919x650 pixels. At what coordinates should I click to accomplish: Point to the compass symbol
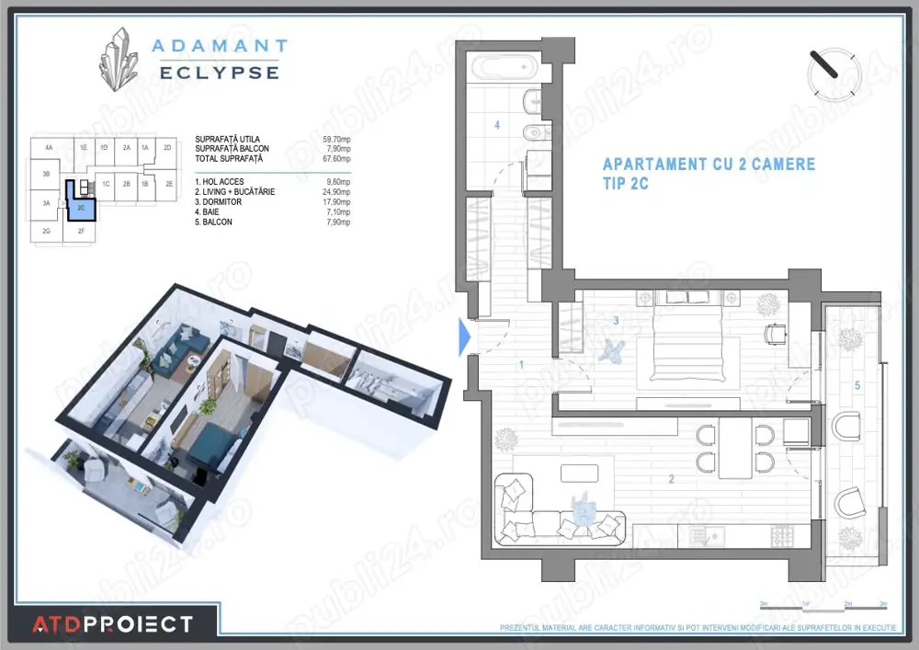pyautogui.click(x=833, y=73)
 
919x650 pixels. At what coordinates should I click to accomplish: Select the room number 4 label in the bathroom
pyautogui.click(x=497, y=124)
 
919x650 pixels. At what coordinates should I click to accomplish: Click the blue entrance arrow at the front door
pyautogui.click(x=464, y=336)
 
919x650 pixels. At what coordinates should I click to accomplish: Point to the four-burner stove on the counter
pyautogui.click(x=782, y=535)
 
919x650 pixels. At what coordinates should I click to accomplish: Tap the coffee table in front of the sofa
pyautogui.click(x=579, y=472)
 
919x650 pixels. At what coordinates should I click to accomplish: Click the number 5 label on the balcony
pyautogui.click(x=857, y=385)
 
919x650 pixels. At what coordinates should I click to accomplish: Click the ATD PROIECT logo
pyautogui.click(x=113, y=625)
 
